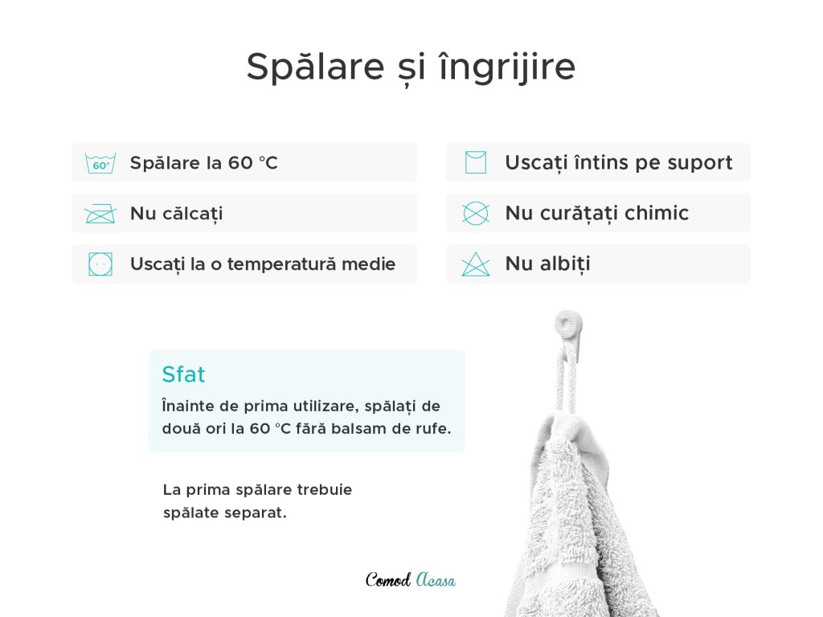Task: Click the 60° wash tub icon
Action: coord(100,163)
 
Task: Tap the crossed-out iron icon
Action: coord(100,214)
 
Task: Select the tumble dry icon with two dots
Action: coord(100,264)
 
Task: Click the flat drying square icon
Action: coord(476,162)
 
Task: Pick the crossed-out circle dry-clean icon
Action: coord(476,214)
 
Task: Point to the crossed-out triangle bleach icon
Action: coord(476,264)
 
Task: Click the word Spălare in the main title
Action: coord(315,67)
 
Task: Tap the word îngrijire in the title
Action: coord(507,67)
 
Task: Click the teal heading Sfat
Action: coord(183,374)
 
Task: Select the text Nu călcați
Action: coord(176,214)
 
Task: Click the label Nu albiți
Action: coord(547,264)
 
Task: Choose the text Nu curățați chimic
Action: coord(597,214)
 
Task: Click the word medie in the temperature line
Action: coord(368,264)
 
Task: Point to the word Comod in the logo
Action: coord(388,579)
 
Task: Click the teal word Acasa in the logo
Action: coord(436,579)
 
